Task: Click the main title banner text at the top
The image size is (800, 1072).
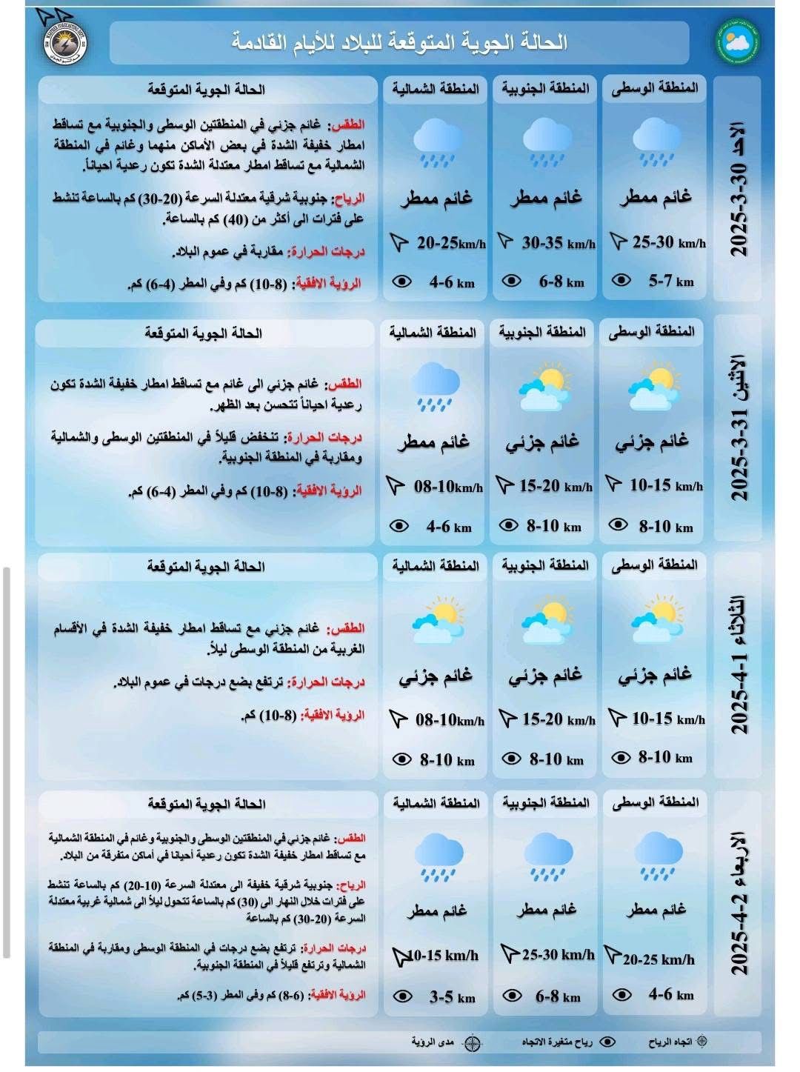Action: click(399, 42)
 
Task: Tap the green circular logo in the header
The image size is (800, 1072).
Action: click(736, 42)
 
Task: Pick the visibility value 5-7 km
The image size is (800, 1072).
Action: click(671, 281)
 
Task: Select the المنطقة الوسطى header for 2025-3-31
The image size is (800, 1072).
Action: click(652, 331)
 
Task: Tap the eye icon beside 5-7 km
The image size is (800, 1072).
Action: click(621, 280)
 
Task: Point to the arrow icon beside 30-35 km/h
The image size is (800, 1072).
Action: click(507, 242)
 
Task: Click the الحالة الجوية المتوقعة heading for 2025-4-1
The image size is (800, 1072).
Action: click(206, 567)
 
